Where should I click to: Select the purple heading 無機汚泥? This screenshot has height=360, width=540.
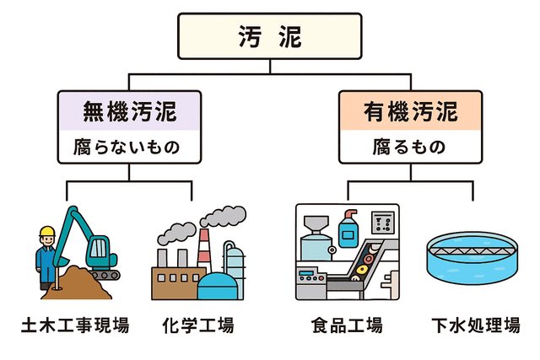click(x=129, y=111)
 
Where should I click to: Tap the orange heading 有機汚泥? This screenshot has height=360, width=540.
click(x=411, y=111)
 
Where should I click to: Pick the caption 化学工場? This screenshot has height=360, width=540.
click(x=197, y=325)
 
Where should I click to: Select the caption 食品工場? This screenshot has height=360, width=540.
click(x=347, y=325)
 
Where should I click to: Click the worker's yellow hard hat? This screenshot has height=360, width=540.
click(x=47, y=231)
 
